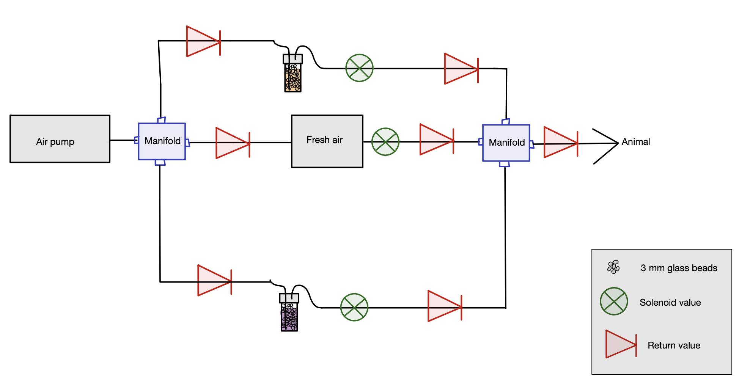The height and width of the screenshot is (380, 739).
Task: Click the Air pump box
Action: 60,139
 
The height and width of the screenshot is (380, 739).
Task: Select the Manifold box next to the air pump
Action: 162,141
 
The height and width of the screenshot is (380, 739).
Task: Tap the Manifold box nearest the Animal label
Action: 506,143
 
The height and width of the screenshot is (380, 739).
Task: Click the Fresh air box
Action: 327,141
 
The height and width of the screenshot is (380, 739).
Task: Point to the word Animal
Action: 635,142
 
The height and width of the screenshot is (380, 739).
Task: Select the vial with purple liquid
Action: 289,317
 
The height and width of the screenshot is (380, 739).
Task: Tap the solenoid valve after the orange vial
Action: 359,68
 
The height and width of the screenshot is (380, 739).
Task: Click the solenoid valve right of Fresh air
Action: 385,142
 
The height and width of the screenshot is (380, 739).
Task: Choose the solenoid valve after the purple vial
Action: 354,307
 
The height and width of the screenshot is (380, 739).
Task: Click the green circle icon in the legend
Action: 613,301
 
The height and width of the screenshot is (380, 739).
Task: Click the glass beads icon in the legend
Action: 613,267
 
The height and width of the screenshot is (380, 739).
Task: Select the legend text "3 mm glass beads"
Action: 679,268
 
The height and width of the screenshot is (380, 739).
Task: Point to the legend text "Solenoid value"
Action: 670,302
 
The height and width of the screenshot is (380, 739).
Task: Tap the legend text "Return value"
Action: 674,345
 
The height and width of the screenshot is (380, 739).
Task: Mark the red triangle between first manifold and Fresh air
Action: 231,143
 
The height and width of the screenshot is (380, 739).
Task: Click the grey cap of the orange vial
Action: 293,59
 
